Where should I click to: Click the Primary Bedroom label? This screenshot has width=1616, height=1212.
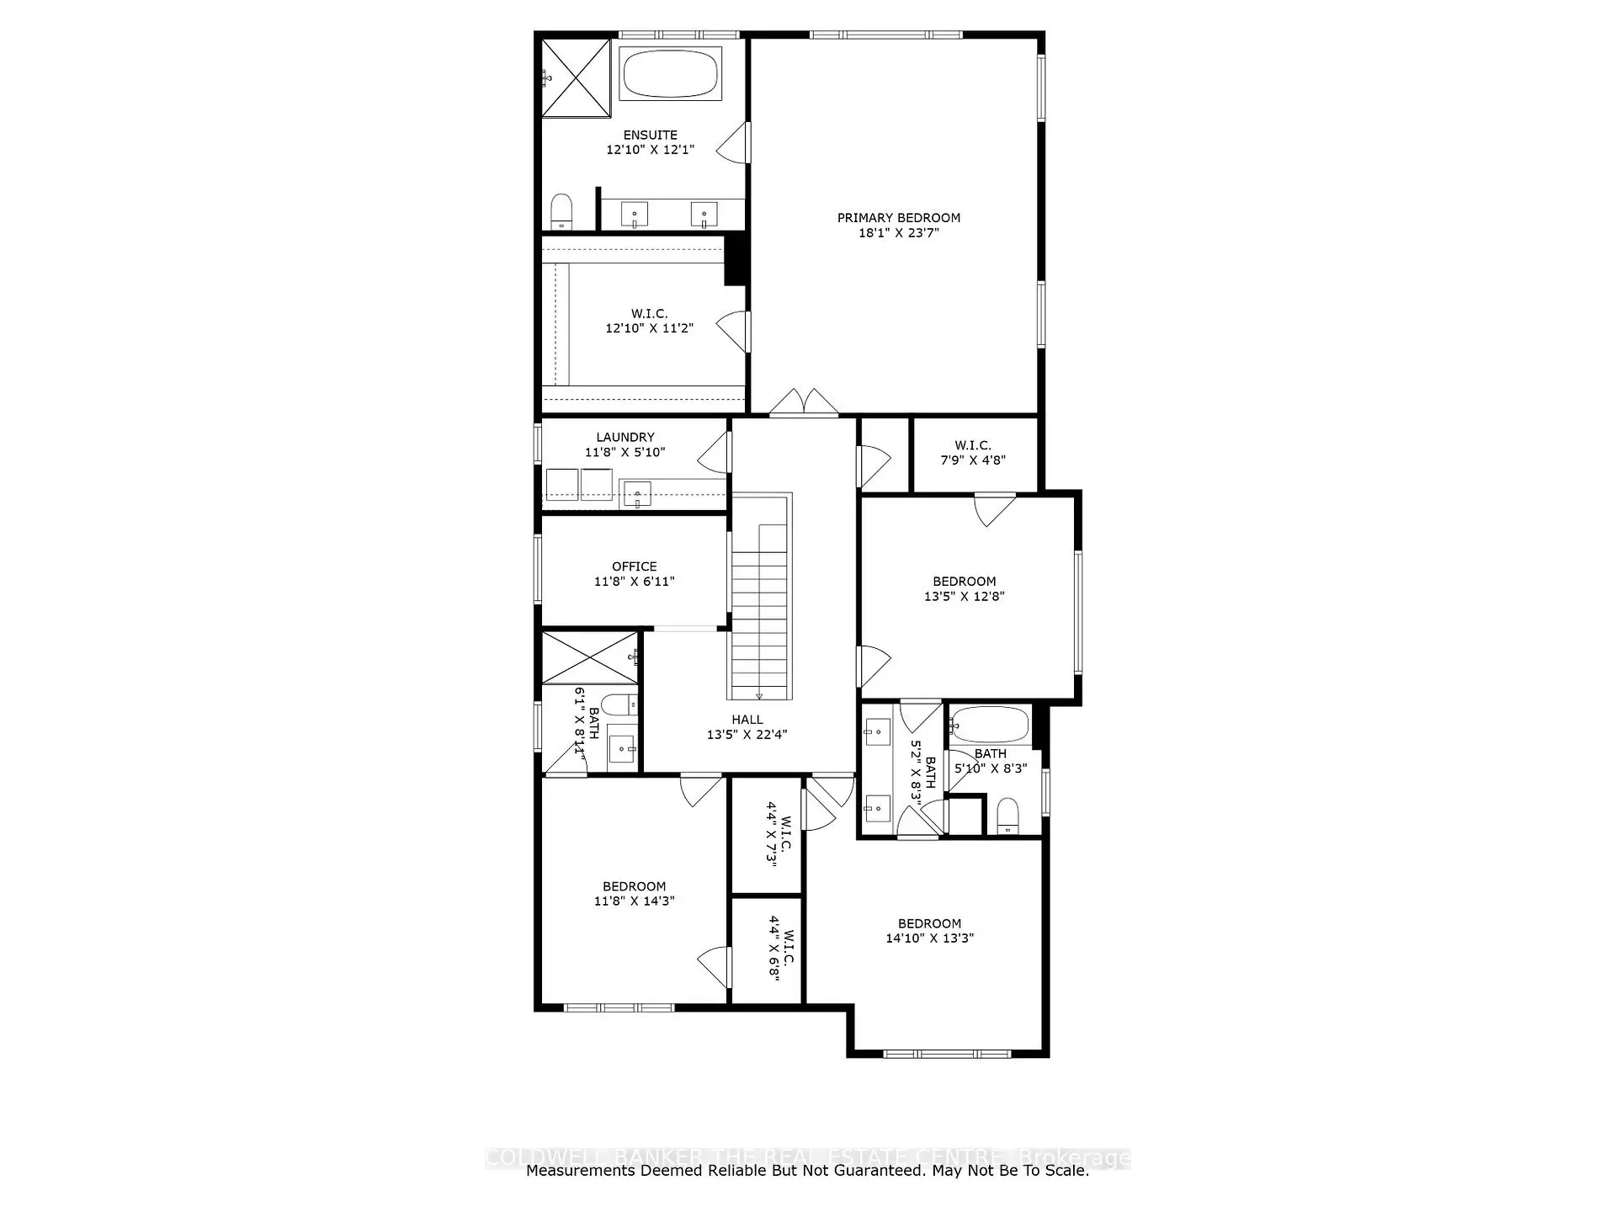pyautogui.click(x=898, y=218)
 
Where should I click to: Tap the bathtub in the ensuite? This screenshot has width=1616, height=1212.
pyautogui.click(x=670, y=74)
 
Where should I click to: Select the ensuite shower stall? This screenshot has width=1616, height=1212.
pyautogui.click(x=575, y=78)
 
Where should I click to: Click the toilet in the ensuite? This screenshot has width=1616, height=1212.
pyautogui.click(x=561, y=211)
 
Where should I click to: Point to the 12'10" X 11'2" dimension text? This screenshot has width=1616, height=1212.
pyautogui.click(x=649, y=328)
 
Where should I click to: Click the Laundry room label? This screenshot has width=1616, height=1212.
pyautogui.click(x=625, y=438)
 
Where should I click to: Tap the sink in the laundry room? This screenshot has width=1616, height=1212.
pyautogui.click(x=637, y=494)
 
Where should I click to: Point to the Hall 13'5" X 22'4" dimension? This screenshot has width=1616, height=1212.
pyautogui.click(x=747, y=735)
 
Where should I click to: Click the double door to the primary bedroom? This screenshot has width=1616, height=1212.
pyautogui.click(x=805, y=403)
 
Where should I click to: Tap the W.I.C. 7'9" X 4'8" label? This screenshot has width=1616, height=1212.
pyautogui.click(x=973, y=453)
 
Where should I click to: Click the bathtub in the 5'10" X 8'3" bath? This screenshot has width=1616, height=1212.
pyautogui.click(x=989, y=725)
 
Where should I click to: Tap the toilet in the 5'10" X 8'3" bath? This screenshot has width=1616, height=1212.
pyautogui.click(x=1007, y=815)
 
